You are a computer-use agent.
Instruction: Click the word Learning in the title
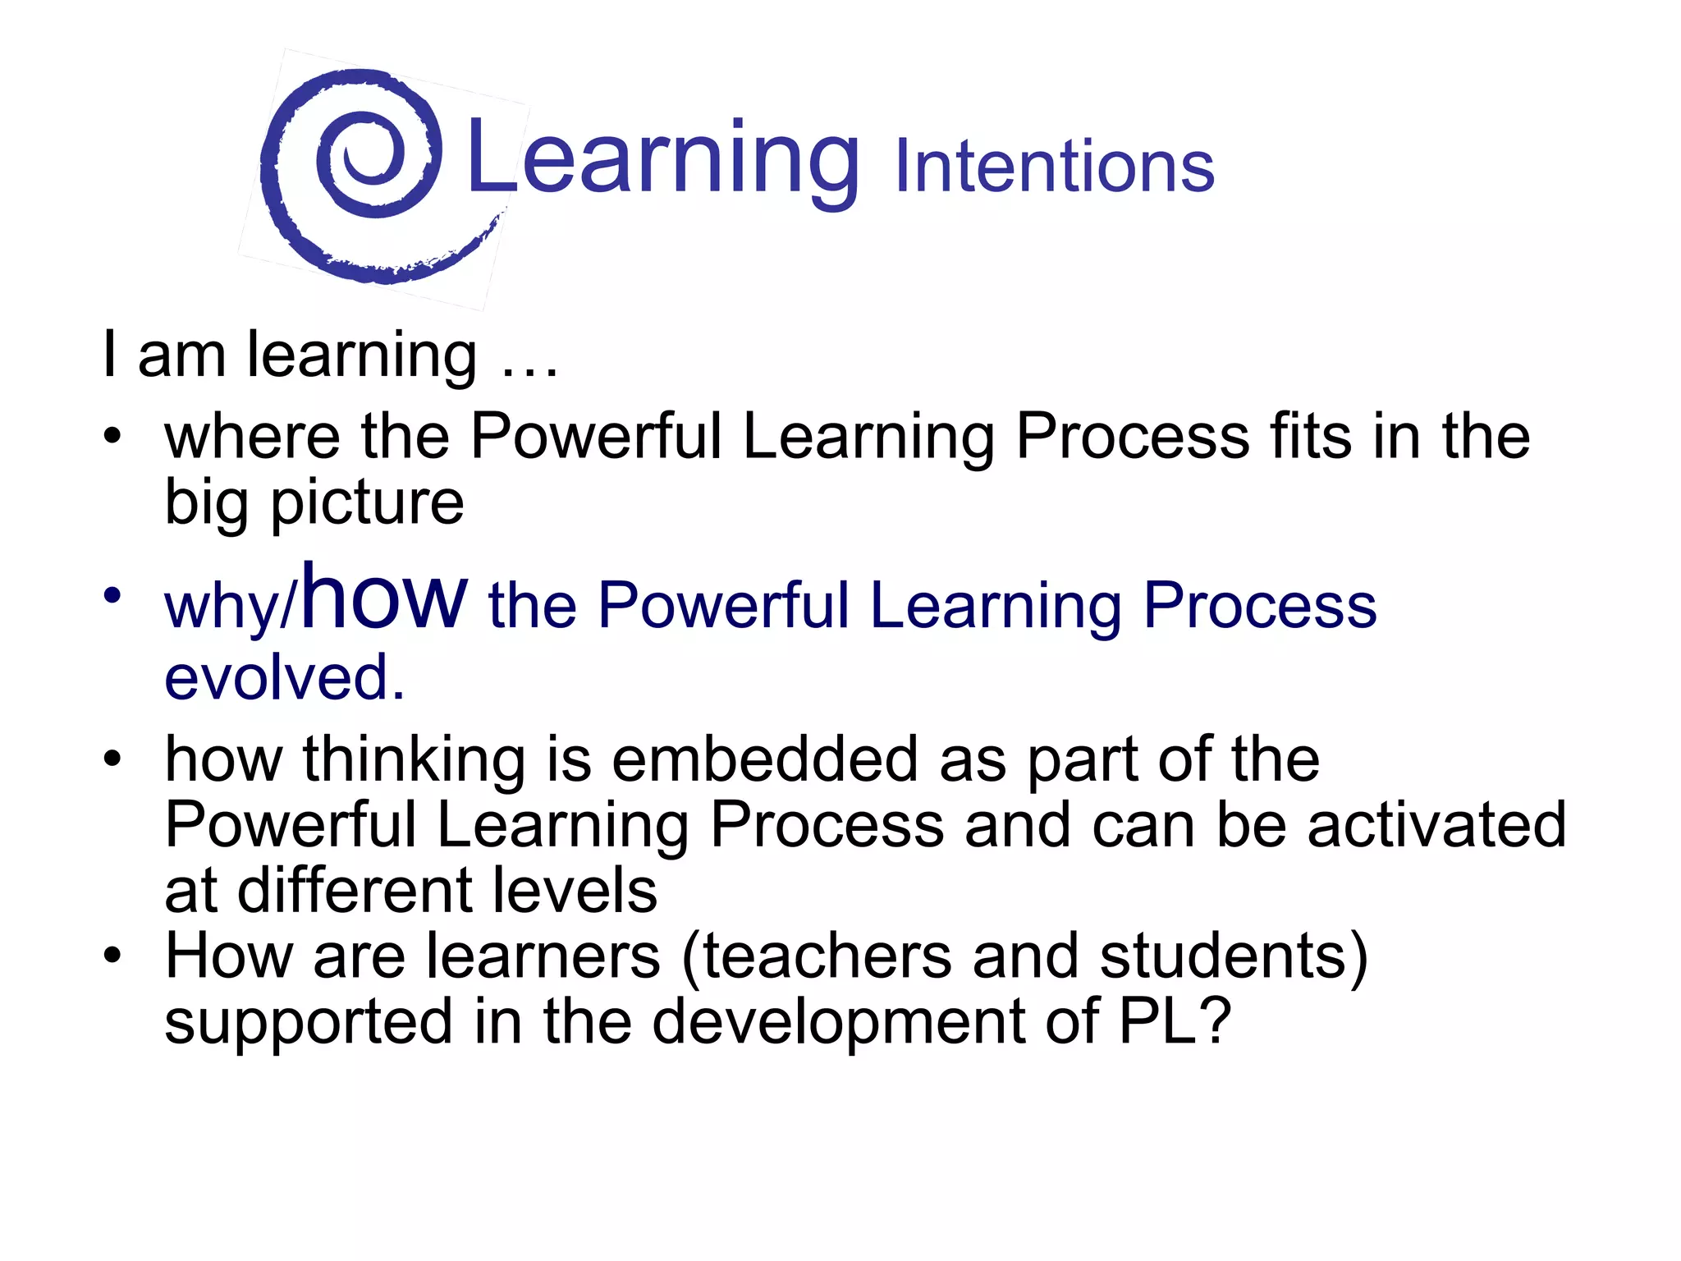pos(663,159)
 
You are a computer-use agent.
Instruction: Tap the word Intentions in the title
pos(1054,167)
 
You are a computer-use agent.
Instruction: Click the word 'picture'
pos(367,503)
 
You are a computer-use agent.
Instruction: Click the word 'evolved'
pos(279,678)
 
